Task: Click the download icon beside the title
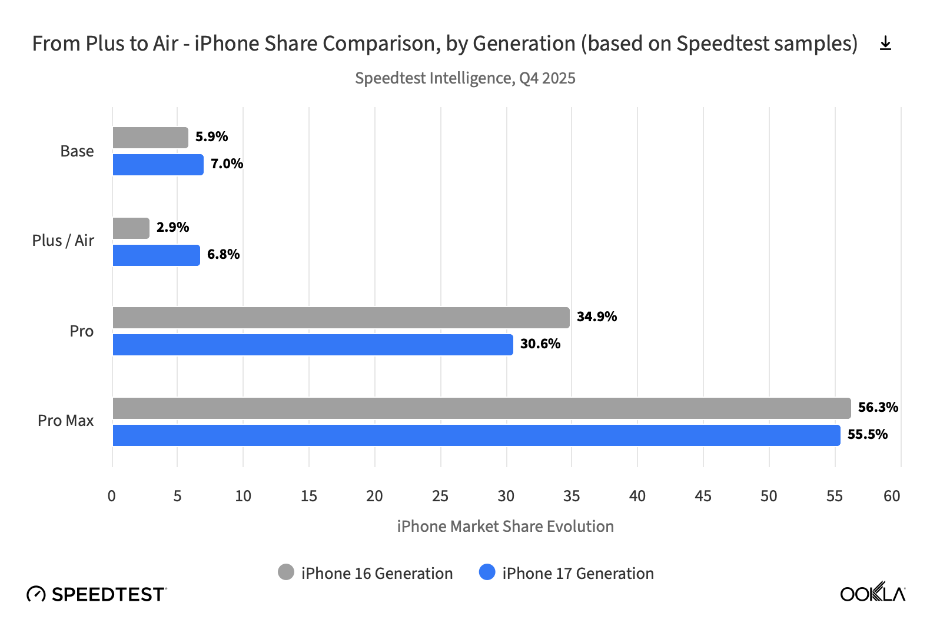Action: pyautogui.click(x=885, y=44)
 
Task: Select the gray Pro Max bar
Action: pyautogui.click(x=481, y=408)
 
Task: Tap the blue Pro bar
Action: pyautogui.click(x=313, y=345)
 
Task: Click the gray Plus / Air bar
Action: pyautogui.click(x=131, y=228)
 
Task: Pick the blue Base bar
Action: pyautogui.click(x=158, y=165)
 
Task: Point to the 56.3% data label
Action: pyautogui.click(x=878, y=407)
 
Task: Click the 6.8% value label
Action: pyautogui.click(x=223, y=254)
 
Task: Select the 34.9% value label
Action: pyautogui.click(x=596, y=317)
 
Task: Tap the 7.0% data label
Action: pyautogui.click(x=227, y=164)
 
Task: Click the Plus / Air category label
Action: pyautogui.click(x=63, y=241)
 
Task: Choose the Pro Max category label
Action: pyautogui.click(x=65, y=421)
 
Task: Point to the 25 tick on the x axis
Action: pyautogui.click(x=440, y=496)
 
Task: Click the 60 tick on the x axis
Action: pyautogui.click(x=892, y=496)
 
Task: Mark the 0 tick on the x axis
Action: pyautogui.click(x=112, y=496)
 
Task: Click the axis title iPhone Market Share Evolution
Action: pyautogui.click(x=505, y=526)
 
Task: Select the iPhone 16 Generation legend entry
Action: pyautogui.click(x=366, y=573)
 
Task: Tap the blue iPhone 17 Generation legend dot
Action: pyautogui.click(x=487, y=572)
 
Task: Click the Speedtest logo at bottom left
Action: pyautogui.click(x=97, y=594)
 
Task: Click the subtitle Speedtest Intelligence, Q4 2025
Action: pyautogui.click(x=465, y=78)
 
